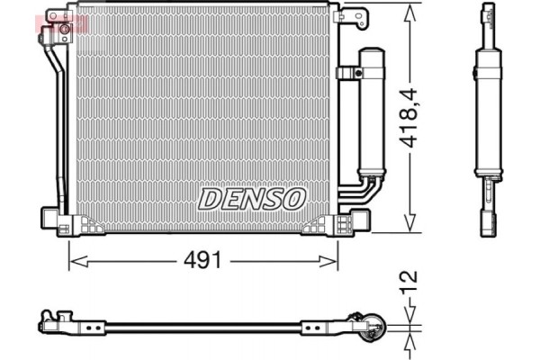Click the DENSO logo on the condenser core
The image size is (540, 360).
pos(253,198)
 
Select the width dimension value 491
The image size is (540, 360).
pos(202,260)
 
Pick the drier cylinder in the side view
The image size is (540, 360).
pos(487,117)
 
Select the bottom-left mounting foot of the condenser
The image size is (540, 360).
pos(56,219)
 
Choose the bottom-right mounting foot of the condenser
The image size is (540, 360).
pos(353,219)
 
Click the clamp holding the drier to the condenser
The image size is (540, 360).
pos(347,73)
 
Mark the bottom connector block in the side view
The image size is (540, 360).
pos(488,220)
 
